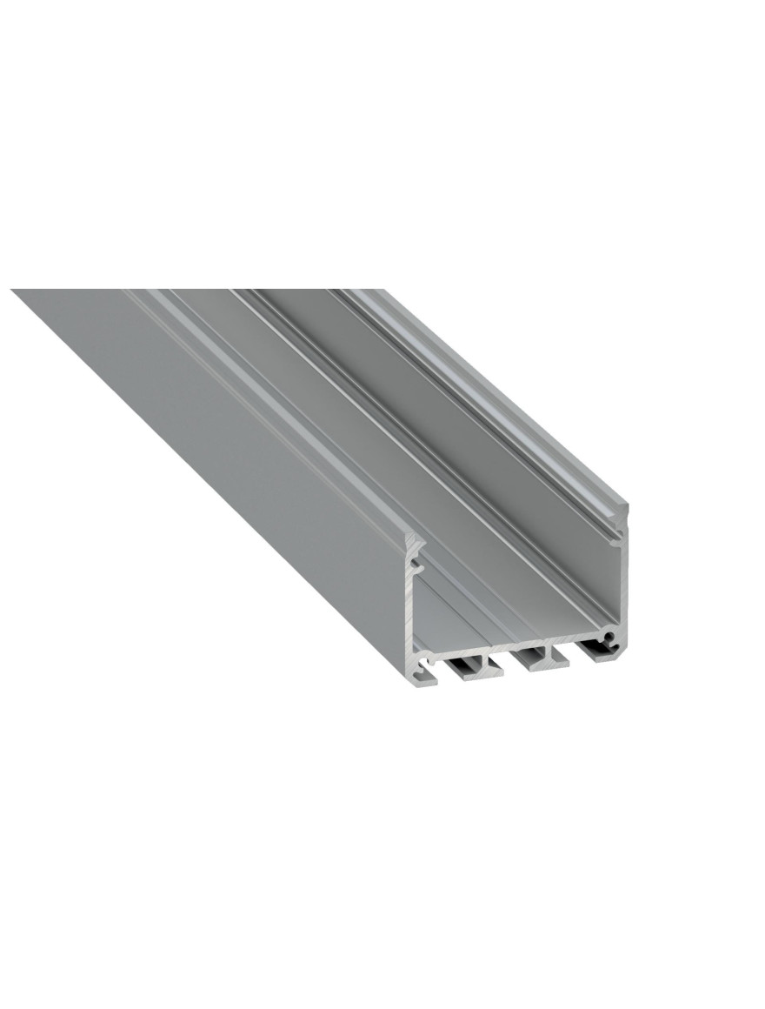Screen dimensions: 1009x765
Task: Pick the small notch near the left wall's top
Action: point(418,565)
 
